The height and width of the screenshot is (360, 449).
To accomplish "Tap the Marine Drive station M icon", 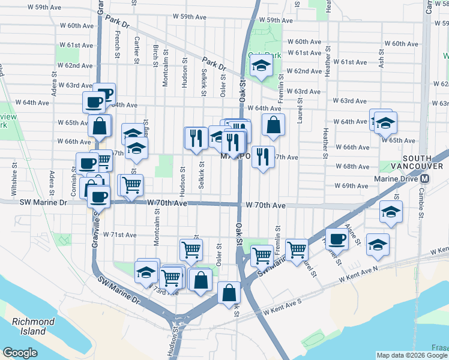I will coord(425,179).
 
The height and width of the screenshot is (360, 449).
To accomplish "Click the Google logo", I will coord(20,352).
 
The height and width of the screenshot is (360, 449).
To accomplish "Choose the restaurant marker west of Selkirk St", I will coord(196,139).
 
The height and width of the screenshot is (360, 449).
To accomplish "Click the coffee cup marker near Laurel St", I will coord(337,239).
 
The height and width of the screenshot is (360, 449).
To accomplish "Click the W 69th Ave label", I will coord(351,186).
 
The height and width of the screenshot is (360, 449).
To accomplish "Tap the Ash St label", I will coord(381,58).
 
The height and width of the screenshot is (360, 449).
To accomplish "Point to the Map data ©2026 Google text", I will coord(412,355).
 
